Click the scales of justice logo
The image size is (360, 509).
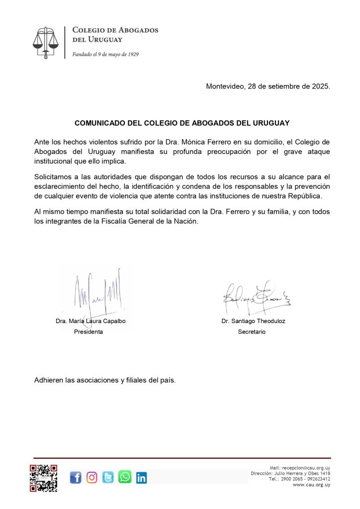pos(46,43)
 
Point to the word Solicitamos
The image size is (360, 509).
pos(54,176)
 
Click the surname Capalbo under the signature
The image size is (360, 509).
pos(114,321)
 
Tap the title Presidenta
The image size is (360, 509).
pos(89,332)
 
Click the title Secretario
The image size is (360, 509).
pos(252,332)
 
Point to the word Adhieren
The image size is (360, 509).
pos(49,380)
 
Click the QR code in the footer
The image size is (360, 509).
pos(43,478)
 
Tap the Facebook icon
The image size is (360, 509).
pos(76,478)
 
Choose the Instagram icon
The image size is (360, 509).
pos(92,478)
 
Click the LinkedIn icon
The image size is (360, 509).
pos(141,478)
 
